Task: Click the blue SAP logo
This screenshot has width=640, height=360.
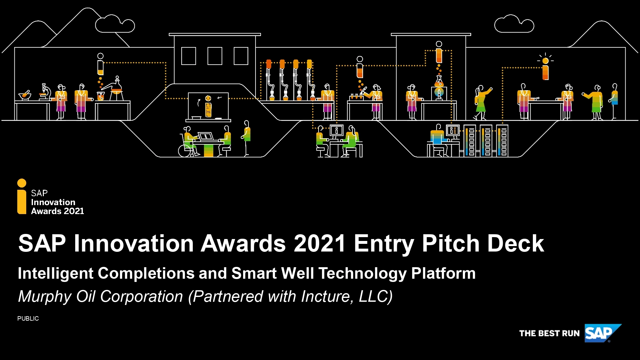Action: tap(601, 333)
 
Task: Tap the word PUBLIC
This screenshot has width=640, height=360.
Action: tap(28, 318)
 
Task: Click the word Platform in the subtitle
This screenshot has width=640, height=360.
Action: tap(443, 273)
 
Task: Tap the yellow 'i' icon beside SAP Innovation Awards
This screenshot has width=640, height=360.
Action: tap(22, 196)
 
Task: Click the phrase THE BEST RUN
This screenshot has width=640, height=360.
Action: tap(549, 333)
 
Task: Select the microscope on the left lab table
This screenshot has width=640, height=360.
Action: tap(45, 92)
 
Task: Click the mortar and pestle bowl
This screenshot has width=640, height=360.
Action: tap(25, 95)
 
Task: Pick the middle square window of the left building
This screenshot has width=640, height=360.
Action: tap(215, 56)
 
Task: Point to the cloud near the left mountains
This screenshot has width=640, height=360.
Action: tap(115, 24)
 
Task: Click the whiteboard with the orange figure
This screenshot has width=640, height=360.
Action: tap(208, 106)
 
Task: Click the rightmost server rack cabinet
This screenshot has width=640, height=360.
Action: tap(502, 141)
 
